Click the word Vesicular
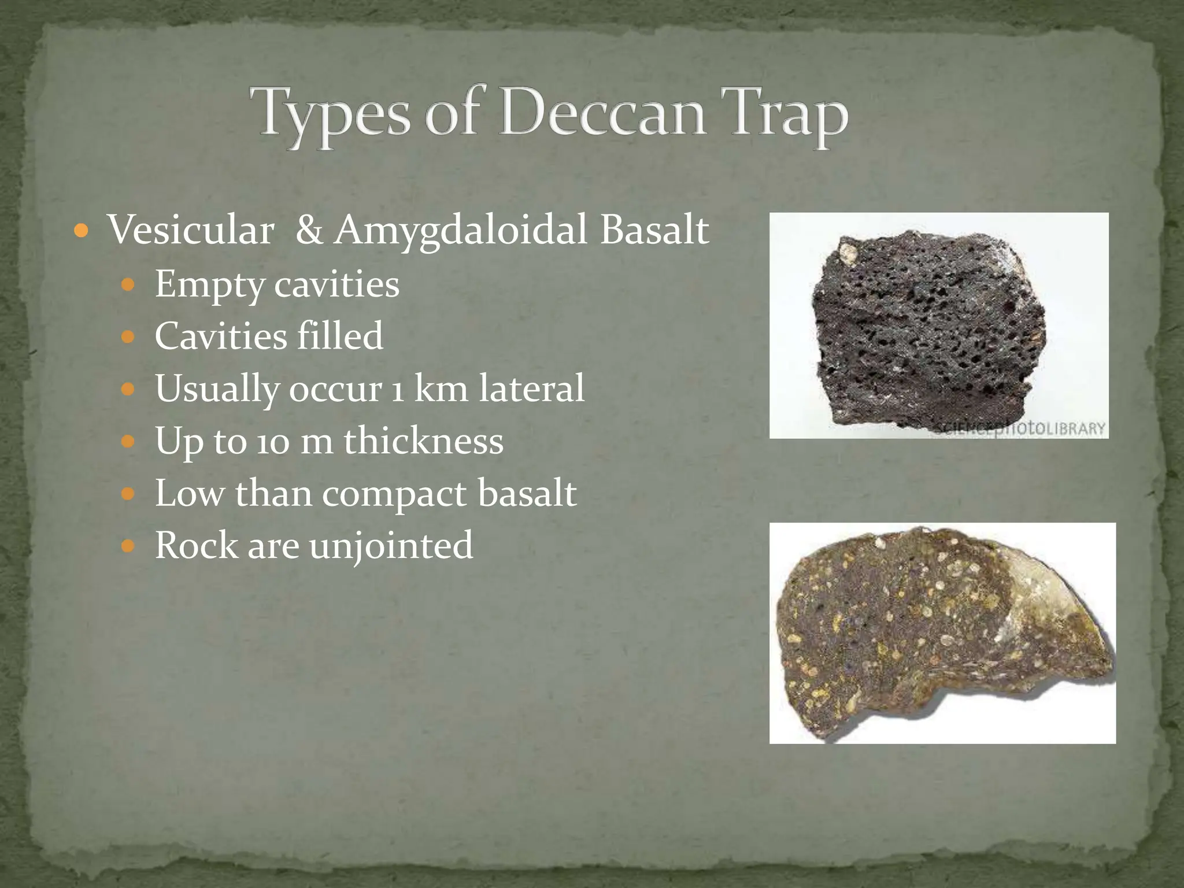(x=191, y=230)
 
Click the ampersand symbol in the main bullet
(x=309, y=230)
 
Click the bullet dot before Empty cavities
(x=128, y=285)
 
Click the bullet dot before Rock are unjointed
(x=128, y=545)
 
